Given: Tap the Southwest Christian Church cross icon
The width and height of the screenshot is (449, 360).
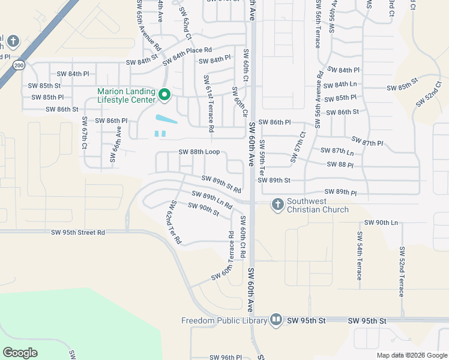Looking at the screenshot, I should (x=277, y=205).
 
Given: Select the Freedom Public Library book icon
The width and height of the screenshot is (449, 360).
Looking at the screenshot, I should (x=276, y=319).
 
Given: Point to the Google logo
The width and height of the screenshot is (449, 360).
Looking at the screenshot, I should (x=20, y=353).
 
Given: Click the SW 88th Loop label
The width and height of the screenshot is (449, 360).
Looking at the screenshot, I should (x=199, y=152).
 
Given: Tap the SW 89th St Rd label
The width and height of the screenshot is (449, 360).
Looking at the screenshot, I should (x=221, y=184).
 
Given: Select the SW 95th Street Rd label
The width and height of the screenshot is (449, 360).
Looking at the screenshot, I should (x=78, y=232).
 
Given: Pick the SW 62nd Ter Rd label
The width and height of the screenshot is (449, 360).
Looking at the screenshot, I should (x=175, y=222).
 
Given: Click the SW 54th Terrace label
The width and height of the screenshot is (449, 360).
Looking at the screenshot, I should (x=359, y=255).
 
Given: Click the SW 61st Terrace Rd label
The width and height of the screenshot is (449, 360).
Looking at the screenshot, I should (x=209, y=104).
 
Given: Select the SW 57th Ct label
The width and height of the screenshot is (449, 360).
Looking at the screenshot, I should (x=298, y=147).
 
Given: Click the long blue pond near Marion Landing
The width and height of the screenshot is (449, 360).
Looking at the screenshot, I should (x=166, y=119).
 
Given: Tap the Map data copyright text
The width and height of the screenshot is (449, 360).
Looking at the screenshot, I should (x=412, y=355).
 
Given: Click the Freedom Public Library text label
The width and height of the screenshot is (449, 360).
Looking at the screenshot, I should (x=224, y=320).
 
